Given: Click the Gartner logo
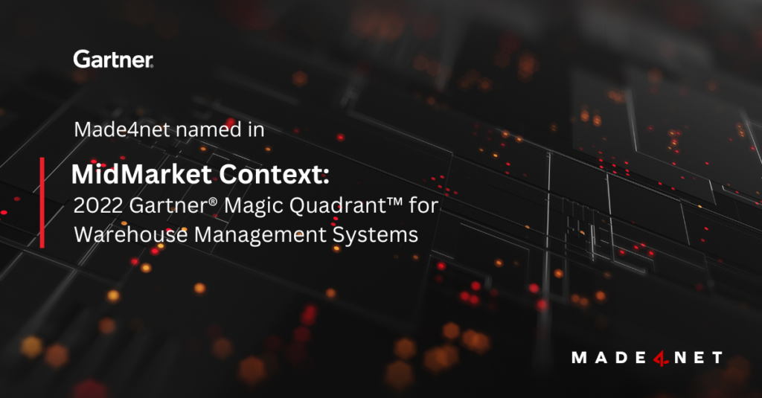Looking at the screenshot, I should tap(114, 60).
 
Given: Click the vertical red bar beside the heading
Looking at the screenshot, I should tap(42, 202).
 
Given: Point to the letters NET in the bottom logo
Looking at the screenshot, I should tap(697, 358).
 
